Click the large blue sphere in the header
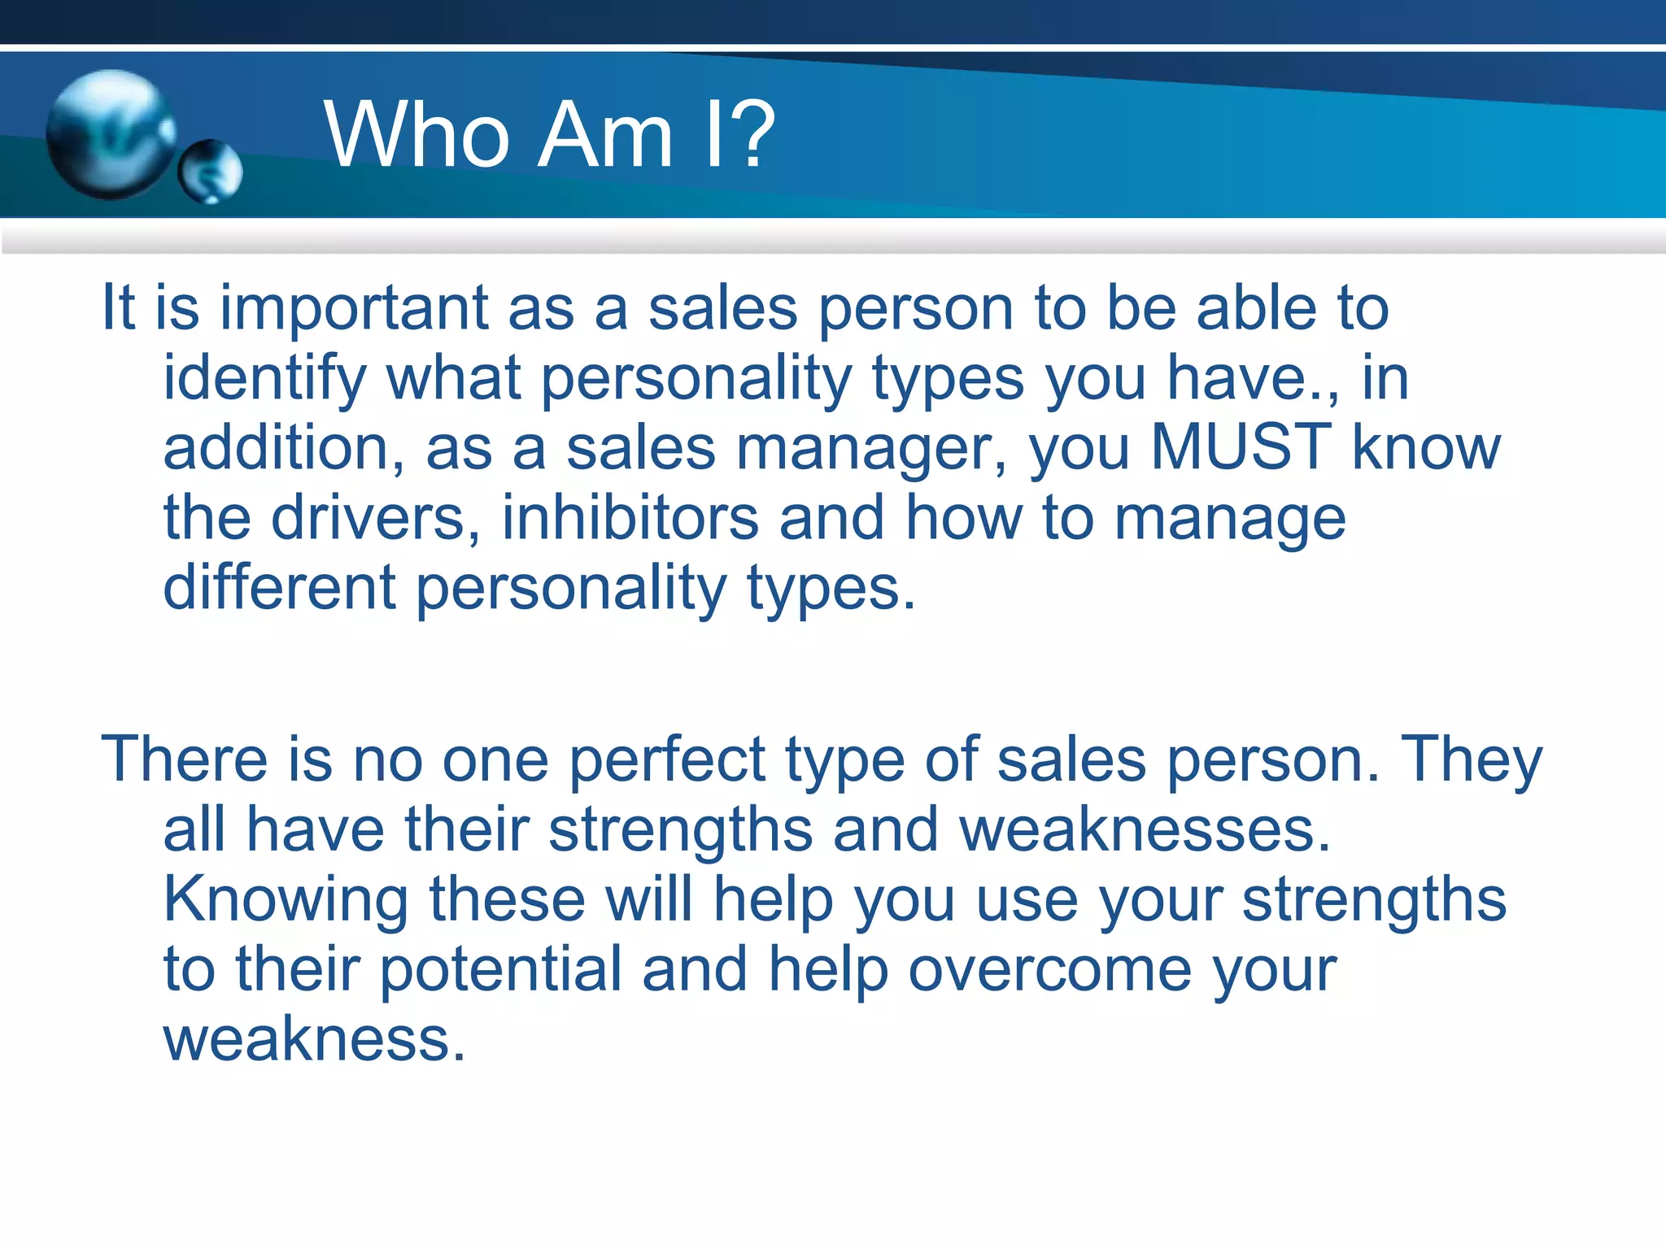pyautogui.click(x=110, y=134)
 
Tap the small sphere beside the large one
pyautogui.click(x=211, y=171)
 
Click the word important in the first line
pyautogui.click(x=354, y=308)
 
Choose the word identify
pyautogui.click(x=264, y=379)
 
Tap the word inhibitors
pyautogui.click(x=630, y=518)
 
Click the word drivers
pyautogui.click(x=375, y=518)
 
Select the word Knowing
pyautogui.click(x=286, y=900)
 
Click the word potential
pyautogui.click(x=500, y=969)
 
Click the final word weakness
pyautogui.click(x=314, y=1039)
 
